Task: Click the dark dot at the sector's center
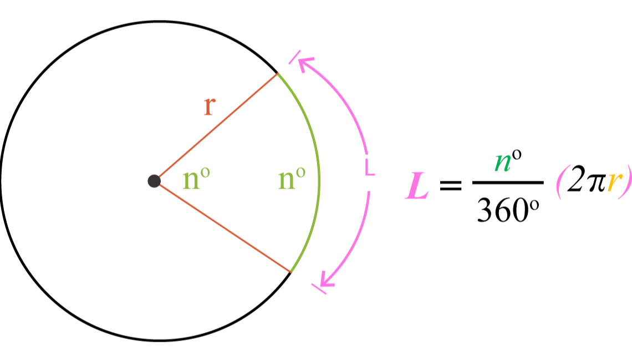154,181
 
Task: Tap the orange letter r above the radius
208,106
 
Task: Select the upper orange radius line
216,127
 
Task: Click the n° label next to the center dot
196,179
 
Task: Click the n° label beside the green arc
291,179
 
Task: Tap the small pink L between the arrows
370,168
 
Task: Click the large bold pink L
417,186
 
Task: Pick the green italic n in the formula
502,163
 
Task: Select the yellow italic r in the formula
613,181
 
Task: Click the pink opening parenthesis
561,181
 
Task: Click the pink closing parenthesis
625,181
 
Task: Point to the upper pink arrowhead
304,63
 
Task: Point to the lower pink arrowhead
327,280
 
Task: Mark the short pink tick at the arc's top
294,57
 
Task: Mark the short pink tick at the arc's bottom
319,289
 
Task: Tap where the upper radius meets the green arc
278,73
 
